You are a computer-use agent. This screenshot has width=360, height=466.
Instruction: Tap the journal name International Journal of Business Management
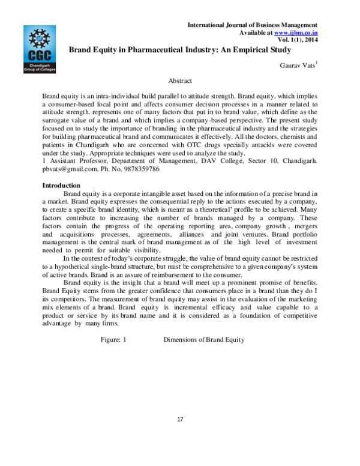252,25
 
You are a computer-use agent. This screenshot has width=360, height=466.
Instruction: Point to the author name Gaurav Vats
297,64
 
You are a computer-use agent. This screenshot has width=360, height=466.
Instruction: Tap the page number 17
179,418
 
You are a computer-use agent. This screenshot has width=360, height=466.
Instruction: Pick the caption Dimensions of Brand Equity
204,340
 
